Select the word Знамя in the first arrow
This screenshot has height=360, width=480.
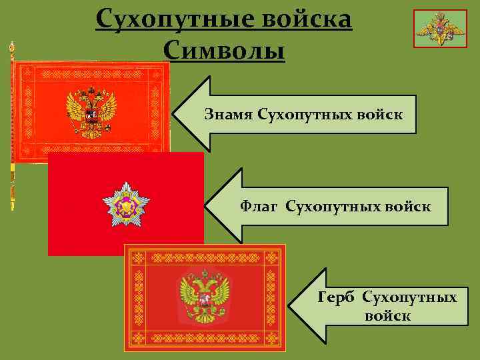pos(225,114)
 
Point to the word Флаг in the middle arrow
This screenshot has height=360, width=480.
pos(260,207)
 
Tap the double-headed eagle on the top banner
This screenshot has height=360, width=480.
pos(91,110)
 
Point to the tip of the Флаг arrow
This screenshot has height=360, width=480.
pos(208,207)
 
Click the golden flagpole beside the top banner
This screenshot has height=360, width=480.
pos(12,127)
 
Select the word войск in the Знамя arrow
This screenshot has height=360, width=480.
pos(382,114)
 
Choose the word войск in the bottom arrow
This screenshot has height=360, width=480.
pos(387,315)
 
